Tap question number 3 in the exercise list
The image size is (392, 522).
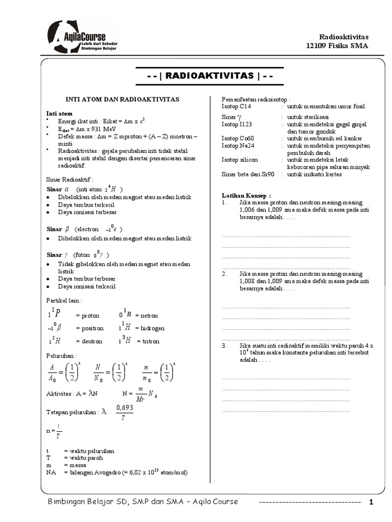pyautogui.click(x=225, y=346)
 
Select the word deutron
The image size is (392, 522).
pyautogui.click(x=89, y=342)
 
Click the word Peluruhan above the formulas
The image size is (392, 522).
pyautogui.click(x=61, y=355)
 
